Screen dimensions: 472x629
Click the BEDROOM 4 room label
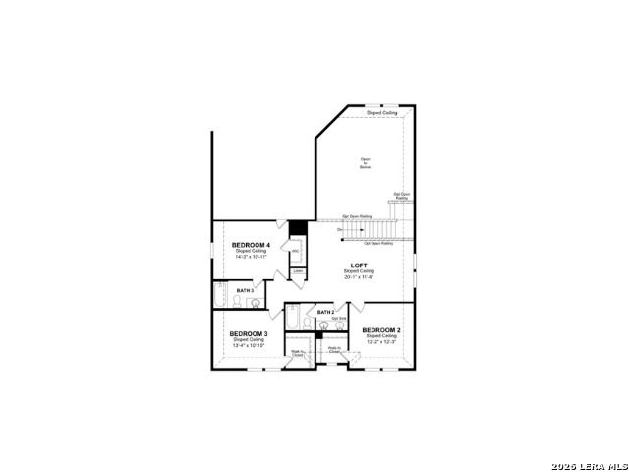(x=251, y=244)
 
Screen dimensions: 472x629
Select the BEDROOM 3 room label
(x=249, y=333)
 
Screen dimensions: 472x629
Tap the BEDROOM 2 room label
(x=381, y=330)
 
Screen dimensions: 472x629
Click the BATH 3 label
(x=245, y=291)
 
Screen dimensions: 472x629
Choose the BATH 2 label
(x=325, y=312)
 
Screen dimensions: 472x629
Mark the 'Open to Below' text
(x=365, y=162)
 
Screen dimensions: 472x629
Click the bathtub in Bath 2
(x=293, y=320)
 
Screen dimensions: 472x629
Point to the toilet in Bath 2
(x=311, y=324)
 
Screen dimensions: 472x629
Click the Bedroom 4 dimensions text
(x=251, y=257)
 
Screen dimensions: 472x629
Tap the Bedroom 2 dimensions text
(x=381, y=342)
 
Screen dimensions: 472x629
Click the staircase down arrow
(x=341, y=230)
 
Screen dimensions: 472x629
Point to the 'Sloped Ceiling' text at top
(x=382, y=113)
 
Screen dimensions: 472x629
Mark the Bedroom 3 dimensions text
(x=249, y=345)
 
